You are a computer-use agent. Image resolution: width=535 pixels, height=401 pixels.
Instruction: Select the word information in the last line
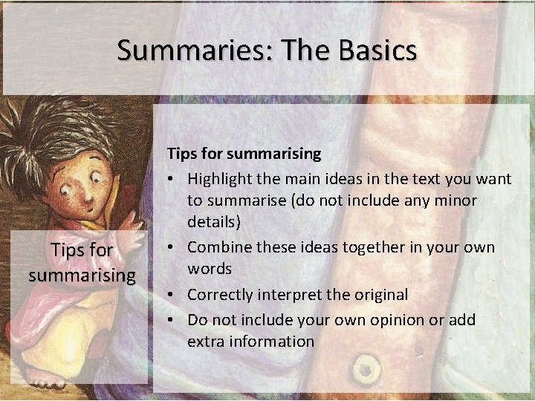click(x=272, y=342)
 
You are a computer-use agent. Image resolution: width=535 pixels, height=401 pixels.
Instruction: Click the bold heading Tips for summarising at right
click(x=244, y=154)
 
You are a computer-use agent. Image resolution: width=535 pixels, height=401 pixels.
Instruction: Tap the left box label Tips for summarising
click(x=82, y=263)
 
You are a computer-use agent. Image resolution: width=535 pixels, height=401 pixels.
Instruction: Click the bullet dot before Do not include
click(x=172, y=320)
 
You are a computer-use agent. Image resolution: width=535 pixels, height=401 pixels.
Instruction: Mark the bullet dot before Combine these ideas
click(x=172, y=247)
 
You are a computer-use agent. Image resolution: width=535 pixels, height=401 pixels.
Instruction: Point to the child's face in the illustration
click(x=86, y=186)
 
